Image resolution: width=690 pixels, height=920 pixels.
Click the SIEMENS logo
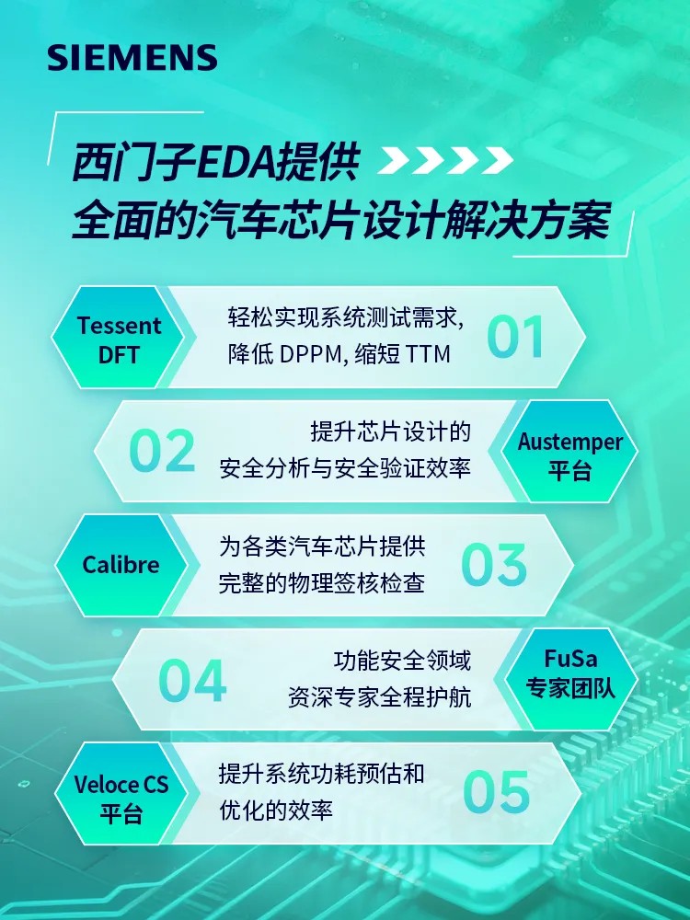click(x=132, y=57)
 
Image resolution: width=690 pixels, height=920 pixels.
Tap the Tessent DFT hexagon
click(x=119, y=337)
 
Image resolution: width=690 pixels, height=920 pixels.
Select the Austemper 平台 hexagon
click(x=569, y=451)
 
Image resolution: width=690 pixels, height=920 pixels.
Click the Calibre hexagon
click(x=121, y=565)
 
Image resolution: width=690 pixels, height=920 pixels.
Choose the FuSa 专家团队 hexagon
click(x=571, y=680)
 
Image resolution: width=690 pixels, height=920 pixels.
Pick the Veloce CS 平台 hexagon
click(x=121, y=793)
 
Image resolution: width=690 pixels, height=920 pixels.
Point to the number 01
click(x=515, y=337)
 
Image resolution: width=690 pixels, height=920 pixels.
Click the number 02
click(x=162, y=451)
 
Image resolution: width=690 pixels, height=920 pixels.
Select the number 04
click(x=192, y=680)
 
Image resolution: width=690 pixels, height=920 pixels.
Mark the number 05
click(x=497, y=792)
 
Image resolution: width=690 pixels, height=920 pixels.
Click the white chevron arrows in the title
click(x=445, y=160)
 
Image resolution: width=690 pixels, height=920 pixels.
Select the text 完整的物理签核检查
click(x=321, y=584)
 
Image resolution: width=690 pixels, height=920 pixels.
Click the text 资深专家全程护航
click(x=379, y=697)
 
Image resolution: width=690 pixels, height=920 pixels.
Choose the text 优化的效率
click(x=276, y=811)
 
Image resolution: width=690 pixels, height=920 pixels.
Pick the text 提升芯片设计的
click(x=390, y=431)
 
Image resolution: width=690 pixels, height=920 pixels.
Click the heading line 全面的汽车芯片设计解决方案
click(x=341, y=221)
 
